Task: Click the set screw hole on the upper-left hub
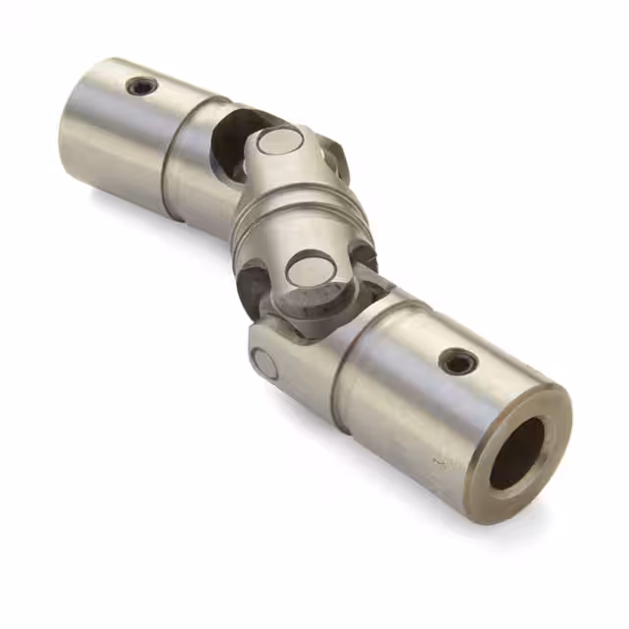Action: click(x=142, y=86)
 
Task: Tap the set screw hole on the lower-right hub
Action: click(x=458, y=362)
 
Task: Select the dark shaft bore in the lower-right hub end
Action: click(x=517, y=453)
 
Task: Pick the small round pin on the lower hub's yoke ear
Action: click(x=264, y=364)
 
